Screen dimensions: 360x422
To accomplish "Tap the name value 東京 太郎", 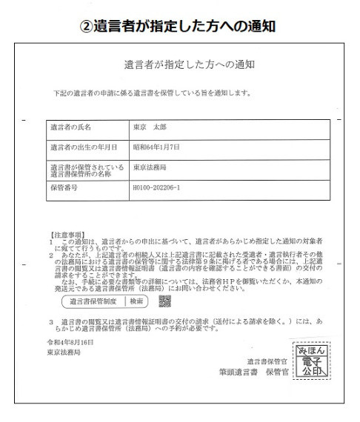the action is click(150, 127).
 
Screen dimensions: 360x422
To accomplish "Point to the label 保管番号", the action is click(64, 189).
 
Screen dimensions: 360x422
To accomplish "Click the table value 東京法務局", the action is click(150, 168).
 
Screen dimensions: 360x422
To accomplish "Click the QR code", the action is click(165, 301).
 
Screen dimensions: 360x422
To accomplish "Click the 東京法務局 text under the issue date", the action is click(63, 353).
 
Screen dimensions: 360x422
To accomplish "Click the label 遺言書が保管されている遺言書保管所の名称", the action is click(81, 168).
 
